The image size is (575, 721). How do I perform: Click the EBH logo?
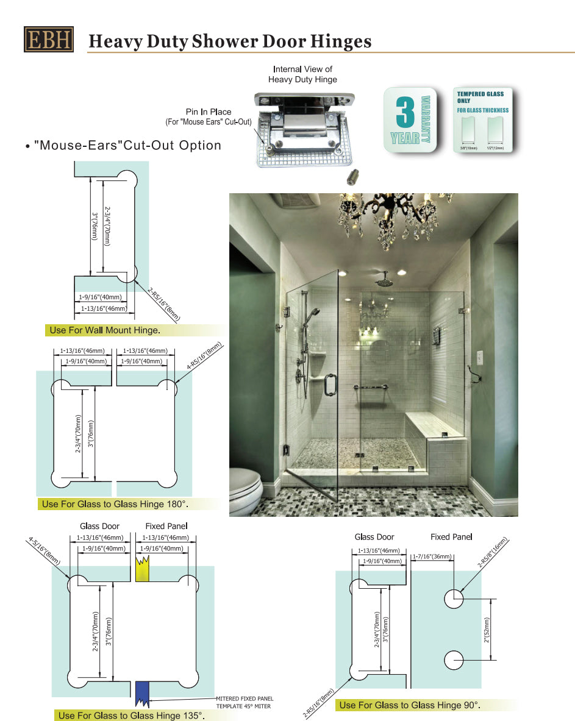49,39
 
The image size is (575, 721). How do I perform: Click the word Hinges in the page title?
337,41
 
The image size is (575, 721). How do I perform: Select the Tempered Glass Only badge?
484,119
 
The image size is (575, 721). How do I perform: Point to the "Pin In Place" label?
209,112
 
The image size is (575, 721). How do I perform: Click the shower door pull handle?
329,383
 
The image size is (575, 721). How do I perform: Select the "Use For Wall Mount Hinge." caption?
105,330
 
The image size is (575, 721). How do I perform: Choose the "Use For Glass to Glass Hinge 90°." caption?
409,705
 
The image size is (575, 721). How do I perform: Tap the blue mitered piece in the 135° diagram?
142,695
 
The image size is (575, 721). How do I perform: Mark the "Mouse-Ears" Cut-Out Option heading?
127,145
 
